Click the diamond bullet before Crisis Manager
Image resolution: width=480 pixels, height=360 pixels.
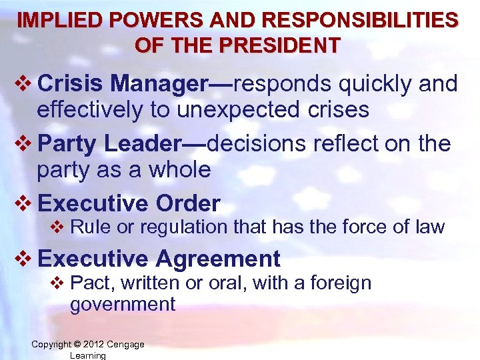(23, 85)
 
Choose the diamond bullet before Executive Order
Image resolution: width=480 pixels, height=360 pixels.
(23, 203)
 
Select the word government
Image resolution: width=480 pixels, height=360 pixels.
(123, 305)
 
